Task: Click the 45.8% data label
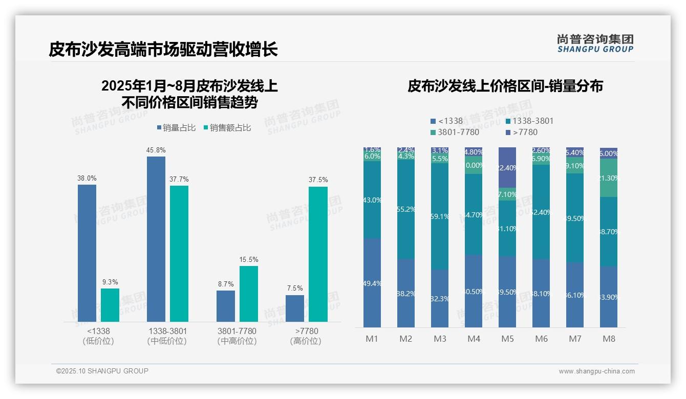pyautogui.click(x=156, y=150)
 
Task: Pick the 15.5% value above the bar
pyautogui.click(x=249, y=260)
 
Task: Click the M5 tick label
pyautogui.click(x=507, y=339)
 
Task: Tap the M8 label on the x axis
pyautogui.click(x=609, y=339)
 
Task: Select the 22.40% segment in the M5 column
pyautogui.click(x=507, y=168)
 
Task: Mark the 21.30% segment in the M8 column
pyautogui.click(x=609, y=178)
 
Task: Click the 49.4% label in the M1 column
pyautogui.click(x=372, y=283)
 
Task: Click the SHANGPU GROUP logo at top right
pyautogui.click(x=595, y=43)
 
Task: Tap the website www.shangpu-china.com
pyautogui.click(x=596, y=371)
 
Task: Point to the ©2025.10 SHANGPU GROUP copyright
pyautogui.click(x=102, y=371)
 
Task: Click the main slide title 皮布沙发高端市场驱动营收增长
pyautogui.click(x=163, y=50)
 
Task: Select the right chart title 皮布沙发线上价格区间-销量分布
pyautogui.click(x=505, y=86)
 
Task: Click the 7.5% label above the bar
pyautogui.click(x=295, y=289)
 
